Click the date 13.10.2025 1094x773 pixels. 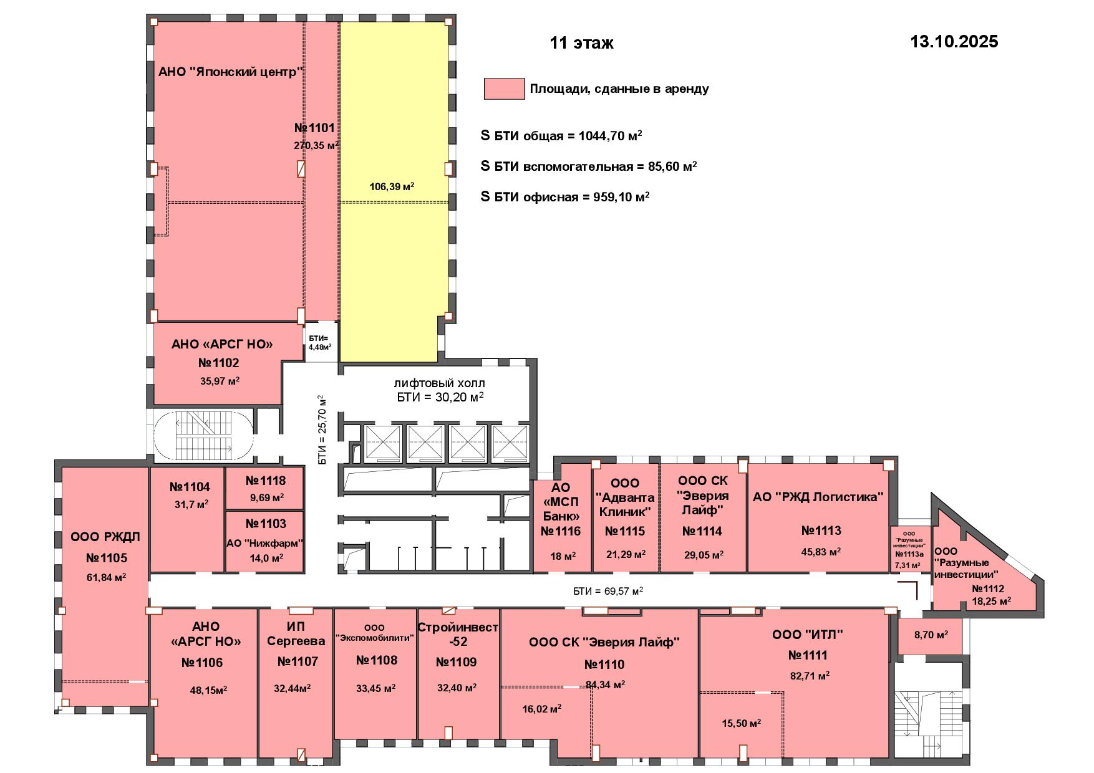tap(954, 42)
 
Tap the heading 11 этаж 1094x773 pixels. tap(581, 43)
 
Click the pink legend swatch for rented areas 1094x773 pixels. tap(504, 89)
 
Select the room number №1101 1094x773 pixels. tap(315, 128)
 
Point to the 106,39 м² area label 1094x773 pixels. tap(392, 186)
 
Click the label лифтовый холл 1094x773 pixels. tap(439, 383)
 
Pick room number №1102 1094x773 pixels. tap(218, 363)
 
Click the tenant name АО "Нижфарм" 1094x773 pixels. tap(264, 543)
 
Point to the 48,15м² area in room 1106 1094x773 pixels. tap(208, 689)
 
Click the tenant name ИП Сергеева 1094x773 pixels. tap(296, 633)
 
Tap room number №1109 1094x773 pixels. tap(457, 662)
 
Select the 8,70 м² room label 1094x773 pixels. tap(931, 635)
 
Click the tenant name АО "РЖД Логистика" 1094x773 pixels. tap(818, 497)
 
